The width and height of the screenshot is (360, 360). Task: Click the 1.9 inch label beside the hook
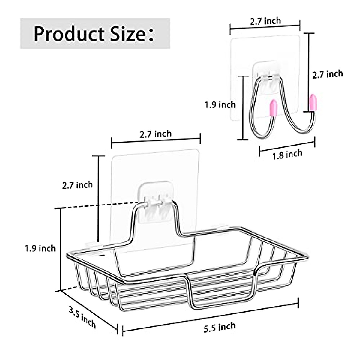[220, 105]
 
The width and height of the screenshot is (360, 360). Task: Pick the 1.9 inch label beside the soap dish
[40, 248]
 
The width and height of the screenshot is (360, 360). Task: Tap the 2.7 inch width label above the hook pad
[265, 21]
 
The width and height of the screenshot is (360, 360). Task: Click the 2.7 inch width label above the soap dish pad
[156, 133]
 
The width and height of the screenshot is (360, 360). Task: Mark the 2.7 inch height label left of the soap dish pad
[77, 185]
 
